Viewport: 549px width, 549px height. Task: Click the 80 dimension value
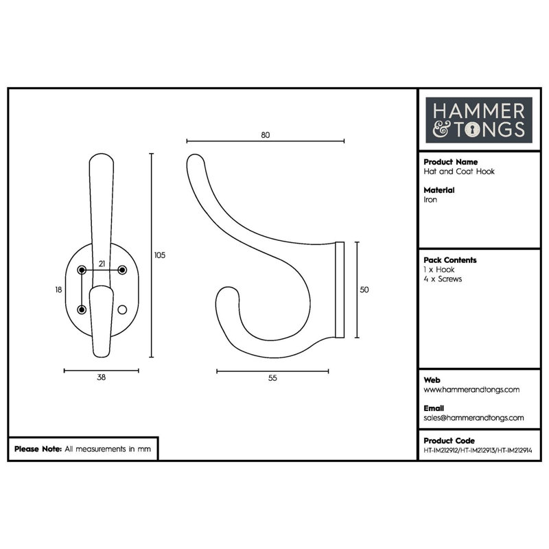tap(266, 135)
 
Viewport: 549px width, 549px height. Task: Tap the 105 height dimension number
tap(160, 255)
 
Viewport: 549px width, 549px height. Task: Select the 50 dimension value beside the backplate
tap(364, 290)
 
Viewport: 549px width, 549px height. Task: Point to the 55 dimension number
tap(272, 378)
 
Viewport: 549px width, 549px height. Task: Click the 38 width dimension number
tap(101, 377)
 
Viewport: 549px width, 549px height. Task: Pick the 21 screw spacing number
tap(102, 264)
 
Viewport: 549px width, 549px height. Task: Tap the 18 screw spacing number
tap(58, 290)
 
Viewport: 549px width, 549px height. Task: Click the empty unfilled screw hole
tap(122, 309)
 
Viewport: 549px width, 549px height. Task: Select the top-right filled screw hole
tap(122, 270)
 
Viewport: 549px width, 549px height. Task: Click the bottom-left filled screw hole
tap(82, 309)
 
